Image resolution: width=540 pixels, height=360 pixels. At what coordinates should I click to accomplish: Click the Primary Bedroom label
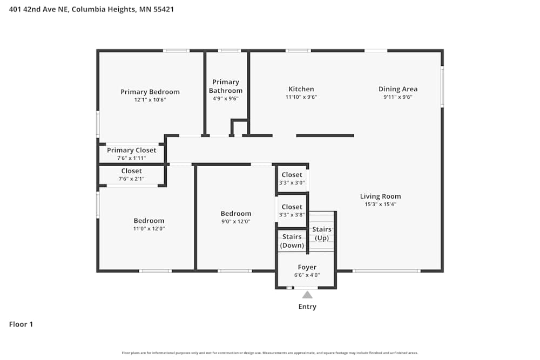150,92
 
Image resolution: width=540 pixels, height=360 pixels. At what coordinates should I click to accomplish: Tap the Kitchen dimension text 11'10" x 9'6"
301,98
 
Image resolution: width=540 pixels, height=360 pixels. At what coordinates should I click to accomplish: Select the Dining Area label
397,89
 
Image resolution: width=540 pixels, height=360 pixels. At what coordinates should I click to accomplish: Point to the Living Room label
380,196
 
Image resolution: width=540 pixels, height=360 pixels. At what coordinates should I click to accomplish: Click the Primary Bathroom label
226,86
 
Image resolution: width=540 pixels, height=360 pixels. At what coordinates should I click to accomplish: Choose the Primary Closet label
131,150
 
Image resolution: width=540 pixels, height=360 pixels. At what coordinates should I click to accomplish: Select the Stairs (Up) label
322,234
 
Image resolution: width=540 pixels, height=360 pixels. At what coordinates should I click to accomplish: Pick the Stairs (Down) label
292,241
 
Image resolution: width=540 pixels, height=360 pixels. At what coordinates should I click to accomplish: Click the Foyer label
307,267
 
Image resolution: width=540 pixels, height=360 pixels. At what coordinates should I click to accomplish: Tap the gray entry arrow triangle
307,295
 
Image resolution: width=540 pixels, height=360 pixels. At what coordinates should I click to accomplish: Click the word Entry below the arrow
307,307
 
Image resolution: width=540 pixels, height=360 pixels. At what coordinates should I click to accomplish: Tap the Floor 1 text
21,324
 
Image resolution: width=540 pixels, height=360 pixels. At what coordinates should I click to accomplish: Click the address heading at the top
92,9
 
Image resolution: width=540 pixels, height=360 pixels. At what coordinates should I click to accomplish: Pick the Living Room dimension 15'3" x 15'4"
380,205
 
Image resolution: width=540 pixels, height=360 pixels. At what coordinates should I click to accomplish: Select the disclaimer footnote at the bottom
270,353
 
